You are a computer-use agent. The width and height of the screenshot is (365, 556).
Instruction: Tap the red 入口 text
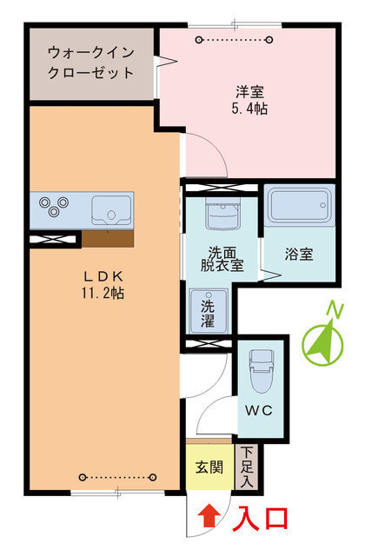(x=262, y=519)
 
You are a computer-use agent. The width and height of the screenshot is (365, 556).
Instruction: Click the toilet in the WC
(x=262, y=371)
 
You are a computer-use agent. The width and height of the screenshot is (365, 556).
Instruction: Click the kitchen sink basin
(x=111, y=210)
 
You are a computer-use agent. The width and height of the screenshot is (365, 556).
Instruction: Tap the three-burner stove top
(x=54, y=207)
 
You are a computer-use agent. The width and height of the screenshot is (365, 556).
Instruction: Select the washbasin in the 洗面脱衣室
(x=222, y=214)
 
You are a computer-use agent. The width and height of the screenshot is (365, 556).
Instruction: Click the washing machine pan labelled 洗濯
(x=209, y=311)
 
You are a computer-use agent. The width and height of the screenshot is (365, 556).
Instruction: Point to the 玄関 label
(x=209, y=467)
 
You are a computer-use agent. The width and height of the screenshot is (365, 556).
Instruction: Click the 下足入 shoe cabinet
(x=247, y=467)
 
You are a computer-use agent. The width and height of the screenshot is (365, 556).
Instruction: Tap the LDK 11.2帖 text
(x=103, y=285)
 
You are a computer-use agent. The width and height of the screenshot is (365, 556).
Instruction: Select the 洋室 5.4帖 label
(x=249, y=100)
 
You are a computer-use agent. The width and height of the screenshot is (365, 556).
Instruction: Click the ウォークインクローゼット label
(x=90, y=63)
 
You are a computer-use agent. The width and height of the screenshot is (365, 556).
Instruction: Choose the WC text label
(x=259, y=411)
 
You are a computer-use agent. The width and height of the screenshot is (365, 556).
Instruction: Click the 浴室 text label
(x=299, y=254)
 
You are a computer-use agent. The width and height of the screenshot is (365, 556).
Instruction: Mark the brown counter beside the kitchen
(x=108, y=239)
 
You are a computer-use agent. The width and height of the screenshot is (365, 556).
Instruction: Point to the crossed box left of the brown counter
(x=53, y=240)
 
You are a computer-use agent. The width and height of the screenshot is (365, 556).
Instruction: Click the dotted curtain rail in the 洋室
(x=235, y=39)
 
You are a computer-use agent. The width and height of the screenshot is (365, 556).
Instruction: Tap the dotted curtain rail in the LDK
(x=118, y=477)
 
